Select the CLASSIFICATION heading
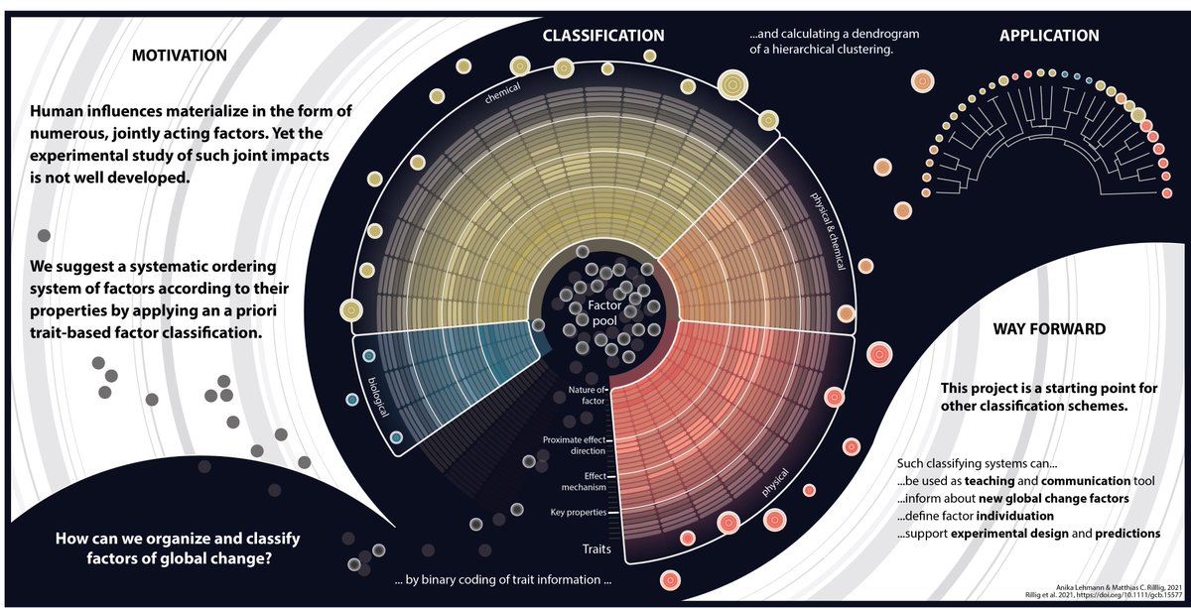pyautogui.click(x=602, y=36)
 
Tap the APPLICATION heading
pyautogui.click(x=1049, y=36)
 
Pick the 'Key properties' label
pyautogui.click(x=577, y=513)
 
